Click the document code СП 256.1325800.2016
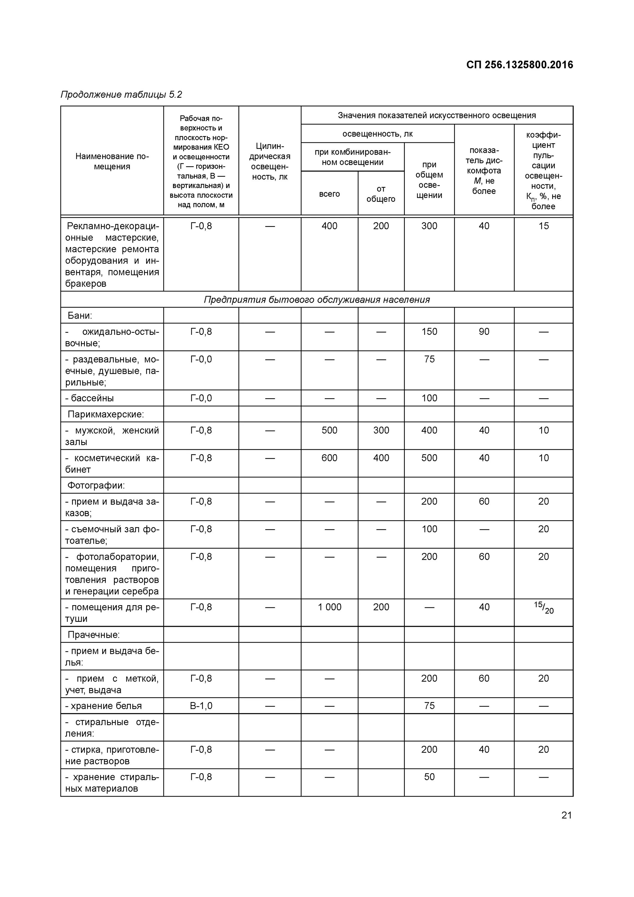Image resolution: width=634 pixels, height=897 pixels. point(519,65)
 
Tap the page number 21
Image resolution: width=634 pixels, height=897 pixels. point(566,815)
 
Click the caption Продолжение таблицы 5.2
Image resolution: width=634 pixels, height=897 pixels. point(121,94)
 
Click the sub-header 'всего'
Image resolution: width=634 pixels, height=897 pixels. point(329,194)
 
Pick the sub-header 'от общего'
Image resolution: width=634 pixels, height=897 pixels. point(381,194)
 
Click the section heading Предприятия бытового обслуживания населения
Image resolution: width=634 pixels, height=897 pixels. point(317,300)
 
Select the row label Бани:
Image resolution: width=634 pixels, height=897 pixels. point(80,315)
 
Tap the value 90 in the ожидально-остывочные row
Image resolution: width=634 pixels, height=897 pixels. point(484,332)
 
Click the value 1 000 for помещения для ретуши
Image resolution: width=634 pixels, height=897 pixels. point(329,607)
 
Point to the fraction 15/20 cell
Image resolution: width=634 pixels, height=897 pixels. point(543,608)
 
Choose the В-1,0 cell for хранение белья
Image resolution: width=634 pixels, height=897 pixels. point(201,706)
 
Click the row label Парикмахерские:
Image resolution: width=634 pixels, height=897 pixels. point(105,414)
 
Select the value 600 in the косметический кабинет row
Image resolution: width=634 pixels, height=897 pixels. point(329,458)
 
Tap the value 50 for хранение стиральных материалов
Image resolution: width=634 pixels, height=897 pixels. point(429,777)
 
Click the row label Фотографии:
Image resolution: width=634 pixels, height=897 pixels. point(96,485)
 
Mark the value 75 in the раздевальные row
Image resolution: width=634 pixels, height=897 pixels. point(429,359)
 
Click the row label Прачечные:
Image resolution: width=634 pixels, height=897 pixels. point(94,635)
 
